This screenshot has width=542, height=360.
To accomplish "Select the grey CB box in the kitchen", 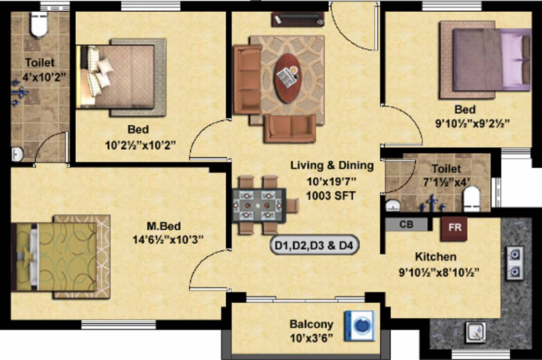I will tap(406, 225).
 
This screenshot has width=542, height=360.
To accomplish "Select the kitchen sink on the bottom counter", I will tap(476, 333).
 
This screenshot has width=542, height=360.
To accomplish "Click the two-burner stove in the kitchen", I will tap(514, 263).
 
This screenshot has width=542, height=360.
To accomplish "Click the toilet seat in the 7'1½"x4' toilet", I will tap(471, 199).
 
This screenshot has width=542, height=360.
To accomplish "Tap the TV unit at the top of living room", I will tap(297, 19).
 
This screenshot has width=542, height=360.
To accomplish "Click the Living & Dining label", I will tap(332, 165).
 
